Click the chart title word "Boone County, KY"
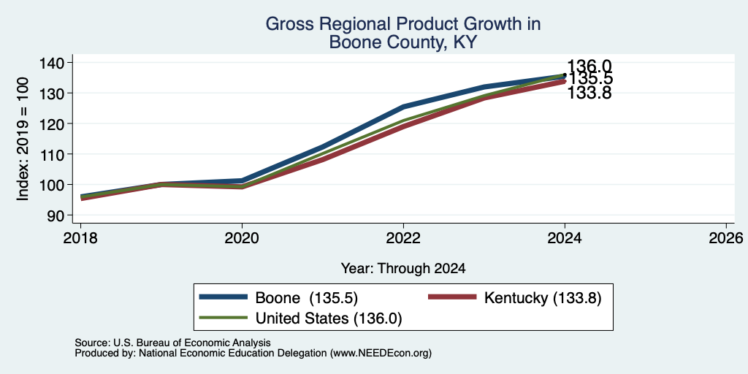pyautogui.click(x=402, y=42)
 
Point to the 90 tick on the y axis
pyautogui.click(x=55, y=215)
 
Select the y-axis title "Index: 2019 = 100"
pyautogui.click(x=23, y=139)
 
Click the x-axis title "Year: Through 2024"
pyautogui.click(x=403, y=269)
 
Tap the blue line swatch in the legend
pyautogui.click(x=224, y=297)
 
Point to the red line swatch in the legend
pyautogui.click(x=452, y=297)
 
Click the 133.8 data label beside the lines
pyautogui.click(x=589, y=93)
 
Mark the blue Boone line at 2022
pyautogui.click(x=403, y=107)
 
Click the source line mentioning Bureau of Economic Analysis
pyautogui.click(x=172, y=343)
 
